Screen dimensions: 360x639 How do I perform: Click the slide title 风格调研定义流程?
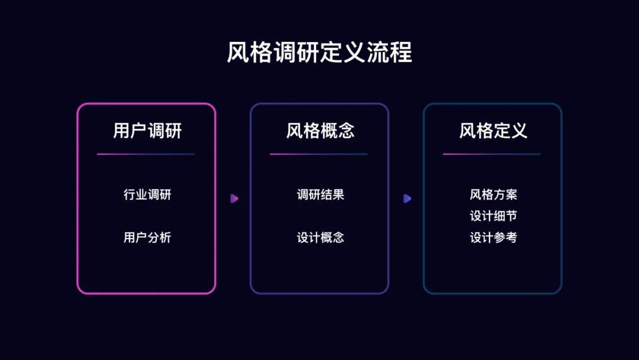pyautogui.click(x=319, y=53)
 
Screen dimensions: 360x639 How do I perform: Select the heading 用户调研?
pyautogui.click(x=147, y=131)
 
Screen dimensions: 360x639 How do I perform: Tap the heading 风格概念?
pyautogui.click(x=320, y=131)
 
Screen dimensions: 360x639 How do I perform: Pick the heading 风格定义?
pyautogui.click(x=493, y=131)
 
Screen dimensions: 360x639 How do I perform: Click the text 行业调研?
pyautogui.click(x=147, y=194)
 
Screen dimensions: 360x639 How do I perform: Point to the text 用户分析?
pyautogui.click(x=147, y=237)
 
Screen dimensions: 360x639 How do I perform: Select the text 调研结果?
pyautogui.click(x=320, y=194)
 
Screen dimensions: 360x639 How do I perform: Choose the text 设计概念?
pyautogui.click(x=320, y=237)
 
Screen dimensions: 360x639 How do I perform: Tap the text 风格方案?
pyautogui.click(x=493, y=194)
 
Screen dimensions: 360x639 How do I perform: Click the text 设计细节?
pyautogui.click(x=493, y=216)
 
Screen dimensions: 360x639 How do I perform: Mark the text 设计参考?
pyautogui.click(x=493, y=237)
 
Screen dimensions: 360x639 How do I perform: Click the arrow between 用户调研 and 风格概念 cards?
pyautogui.click(x=234, y=198)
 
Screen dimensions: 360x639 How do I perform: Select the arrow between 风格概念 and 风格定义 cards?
pyautogui.click(x=407, y=198)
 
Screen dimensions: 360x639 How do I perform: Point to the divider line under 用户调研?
pyautogui.click(x=146, y=154)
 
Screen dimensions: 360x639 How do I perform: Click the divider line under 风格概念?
pyautogui.click(x=319, y=154)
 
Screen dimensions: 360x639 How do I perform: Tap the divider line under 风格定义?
pyautogui.click(x=492, y=154)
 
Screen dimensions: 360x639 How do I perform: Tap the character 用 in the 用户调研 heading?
pyautogui.click(x=121, y=131)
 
